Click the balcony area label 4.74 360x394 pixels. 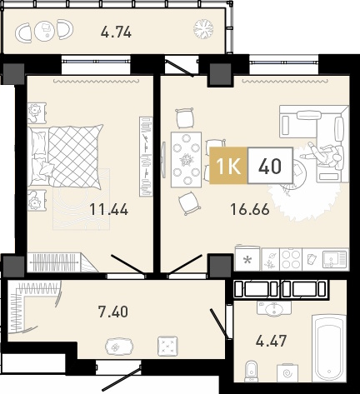[x=116, y=32]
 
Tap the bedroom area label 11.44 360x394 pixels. [x=109, y=209]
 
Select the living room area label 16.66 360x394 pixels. [x=250, y=209]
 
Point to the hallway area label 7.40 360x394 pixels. [x=113, y=312]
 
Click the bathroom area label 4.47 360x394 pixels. [x=271, y=341]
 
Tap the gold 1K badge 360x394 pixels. [x=228, y=166]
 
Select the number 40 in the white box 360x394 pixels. [x=270, y=166]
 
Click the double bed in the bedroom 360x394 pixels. [x=65, y=157]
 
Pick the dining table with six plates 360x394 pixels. [x=186, y=160]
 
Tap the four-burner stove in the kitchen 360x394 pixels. [x=291, y=259]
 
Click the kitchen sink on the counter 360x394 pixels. [x=334, y=259]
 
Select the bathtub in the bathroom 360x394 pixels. [x=329, y=348]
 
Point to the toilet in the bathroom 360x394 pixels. [x=252, y=372]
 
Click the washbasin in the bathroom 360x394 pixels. [x=274, y=308]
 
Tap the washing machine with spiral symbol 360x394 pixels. [x=287, y=373]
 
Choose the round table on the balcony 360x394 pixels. [x=45, y=31]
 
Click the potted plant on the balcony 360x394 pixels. [x=203, y=28]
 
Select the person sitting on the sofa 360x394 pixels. [x=322, y=154]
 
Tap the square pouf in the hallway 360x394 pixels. [x=167, y=347]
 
